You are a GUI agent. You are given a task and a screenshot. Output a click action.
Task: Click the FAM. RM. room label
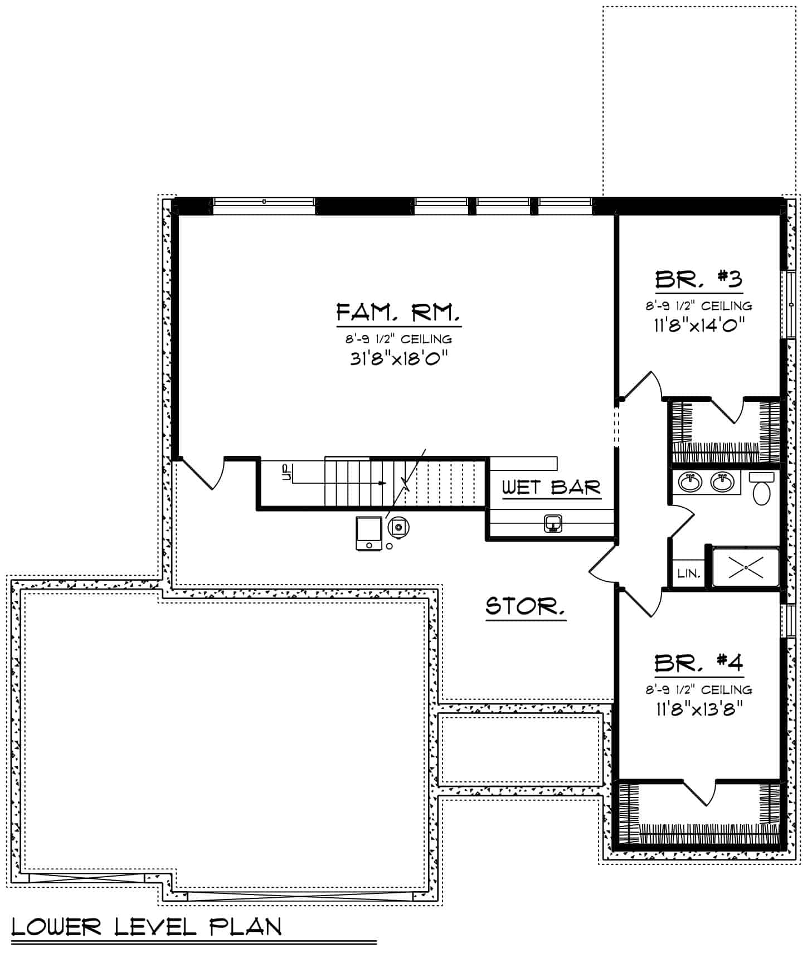click(398, 313)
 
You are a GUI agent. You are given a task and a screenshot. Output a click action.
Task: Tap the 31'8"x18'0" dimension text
click(399, 358)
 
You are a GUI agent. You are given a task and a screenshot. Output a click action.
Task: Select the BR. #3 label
click(699, 279)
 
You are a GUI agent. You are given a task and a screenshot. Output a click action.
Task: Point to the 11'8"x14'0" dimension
click(699, 324)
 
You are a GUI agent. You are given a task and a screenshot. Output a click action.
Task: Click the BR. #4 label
click(699, 663)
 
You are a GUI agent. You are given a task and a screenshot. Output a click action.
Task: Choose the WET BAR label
click(551, 487)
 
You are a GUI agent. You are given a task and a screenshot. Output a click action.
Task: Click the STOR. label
click(525, 606)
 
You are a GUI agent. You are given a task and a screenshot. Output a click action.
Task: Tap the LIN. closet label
click(689, 573)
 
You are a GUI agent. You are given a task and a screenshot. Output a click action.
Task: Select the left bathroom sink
click(691, 482)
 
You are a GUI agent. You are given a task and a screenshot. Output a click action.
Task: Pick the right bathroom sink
click(723, 482)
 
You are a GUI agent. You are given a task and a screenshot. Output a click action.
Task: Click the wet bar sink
click(553, 523)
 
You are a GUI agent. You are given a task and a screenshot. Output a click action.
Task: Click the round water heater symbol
click(398, 526)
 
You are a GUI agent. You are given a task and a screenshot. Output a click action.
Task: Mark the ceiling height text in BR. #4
click(699, 689)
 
